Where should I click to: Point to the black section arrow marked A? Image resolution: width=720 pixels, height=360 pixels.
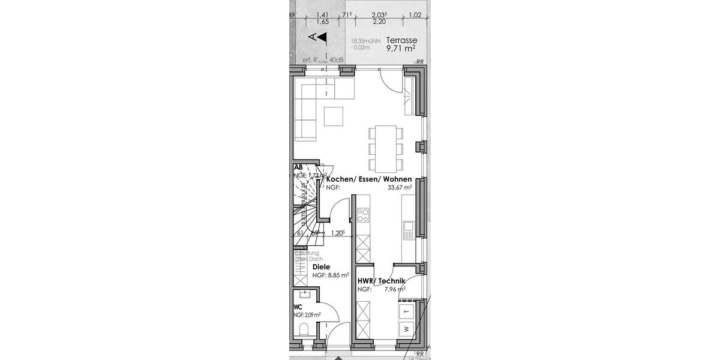point(322,37)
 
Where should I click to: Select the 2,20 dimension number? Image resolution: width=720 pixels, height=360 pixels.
point(379,22)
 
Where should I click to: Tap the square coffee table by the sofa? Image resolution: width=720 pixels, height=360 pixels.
point(334,116)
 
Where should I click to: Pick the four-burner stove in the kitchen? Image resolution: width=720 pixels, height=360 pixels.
point(363,215)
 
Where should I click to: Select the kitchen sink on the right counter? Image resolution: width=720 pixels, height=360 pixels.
point(409,226)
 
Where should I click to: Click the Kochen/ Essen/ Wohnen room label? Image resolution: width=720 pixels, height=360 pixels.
point(368,179)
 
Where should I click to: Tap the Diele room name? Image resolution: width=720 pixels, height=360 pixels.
point(322,267)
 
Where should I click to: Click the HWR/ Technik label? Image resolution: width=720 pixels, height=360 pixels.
point(381,281)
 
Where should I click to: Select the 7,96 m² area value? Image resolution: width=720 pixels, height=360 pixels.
point(395,289)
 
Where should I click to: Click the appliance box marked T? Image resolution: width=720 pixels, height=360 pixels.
point(406,312)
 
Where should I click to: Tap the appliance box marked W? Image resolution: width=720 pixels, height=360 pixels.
point(406,329)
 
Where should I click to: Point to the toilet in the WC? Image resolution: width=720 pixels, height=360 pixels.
point(304,331)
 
